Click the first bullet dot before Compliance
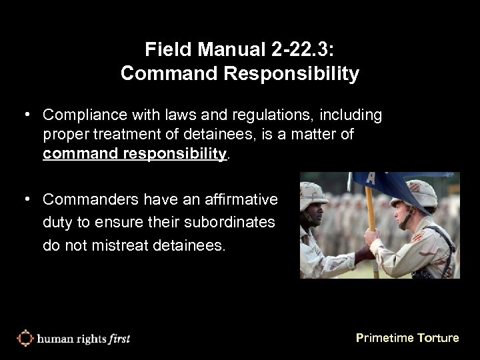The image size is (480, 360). (x=28, y=116)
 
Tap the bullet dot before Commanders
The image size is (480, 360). (x=28, y=199)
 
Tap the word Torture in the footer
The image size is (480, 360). (x=438, y=338)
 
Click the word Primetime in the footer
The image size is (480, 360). (x=384, y=338)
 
